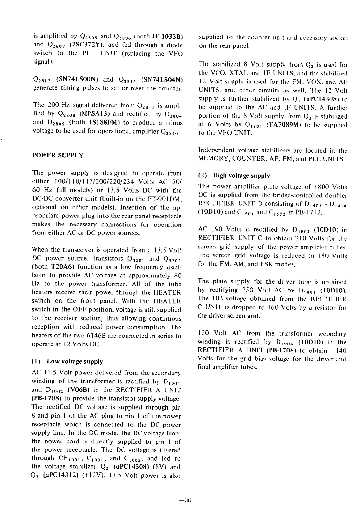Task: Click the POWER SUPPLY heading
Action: tap(58, 155)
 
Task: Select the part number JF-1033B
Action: tap(167, 36)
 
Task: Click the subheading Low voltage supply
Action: tap(75, 362)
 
